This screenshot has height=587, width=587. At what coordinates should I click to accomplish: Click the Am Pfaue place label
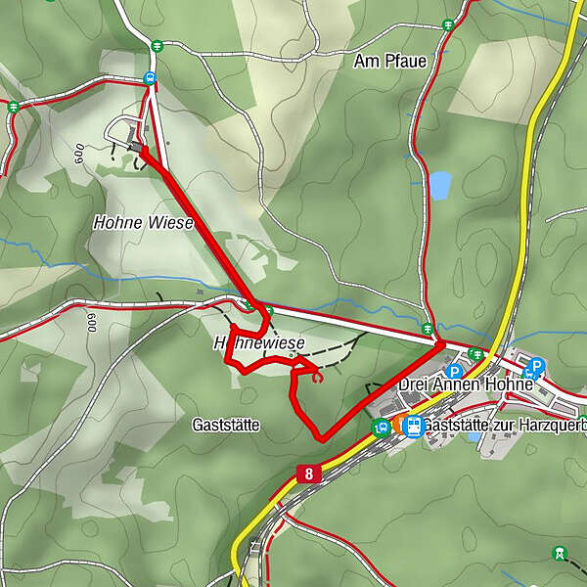[390, 62]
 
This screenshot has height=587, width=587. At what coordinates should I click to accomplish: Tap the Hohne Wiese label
[143, 223]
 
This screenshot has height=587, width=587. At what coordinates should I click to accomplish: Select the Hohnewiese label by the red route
[259, 343]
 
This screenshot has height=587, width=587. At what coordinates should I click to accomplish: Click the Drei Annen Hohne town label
[465, 384]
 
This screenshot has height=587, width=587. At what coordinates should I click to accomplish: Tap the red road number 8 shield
[309, 474]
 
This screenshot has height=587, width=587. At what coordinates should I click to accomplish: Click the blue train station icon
[413, 427]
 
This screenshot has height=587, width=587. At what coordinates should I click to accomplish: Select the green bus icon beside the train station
[381, 426]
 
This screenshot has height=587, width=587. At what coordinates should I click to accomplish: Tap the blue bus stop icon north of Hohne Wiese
[150, 77]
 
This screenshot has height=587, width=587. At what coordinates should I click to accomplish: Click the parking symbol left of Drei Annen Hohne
[453, 372]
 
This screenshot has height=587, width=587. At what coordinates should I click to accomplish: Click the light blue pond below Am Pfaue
[439, 184]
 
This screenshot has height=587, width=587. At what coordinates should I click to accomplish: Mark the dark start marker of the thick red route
[134, 147]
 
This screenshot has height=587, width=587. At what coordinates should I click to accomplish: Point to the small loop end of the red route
[315, 376]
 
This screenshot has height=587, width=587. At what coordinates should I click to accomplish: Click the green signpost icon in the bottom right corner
[559, 553]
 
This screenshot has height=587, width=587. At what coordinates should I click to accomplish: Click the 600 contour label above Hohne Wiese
[77, 154]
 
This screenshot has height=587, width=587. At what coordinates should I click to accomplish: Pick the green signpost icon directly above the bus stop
[158, 45]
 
